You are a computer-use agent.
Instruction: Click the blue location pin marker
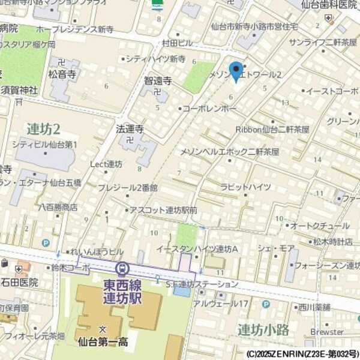(x=236, y=71)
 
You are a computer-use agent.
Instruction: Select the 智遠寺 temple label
(x=158, y=80)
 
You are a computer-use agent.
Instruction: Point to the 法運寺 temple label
(x=130, y=128)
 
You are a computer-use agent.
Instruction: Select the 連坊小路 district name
(x=263, y=329)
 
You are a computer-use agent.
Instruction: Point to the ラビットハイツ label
(x=242, y=187)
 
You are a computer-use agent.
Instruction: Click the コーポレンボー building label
(x=209, y=109)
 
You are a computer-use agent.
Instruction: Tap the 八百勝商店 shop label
(x=58, y=206)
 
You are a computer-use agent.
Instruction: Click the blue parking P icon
(x=46, y=243)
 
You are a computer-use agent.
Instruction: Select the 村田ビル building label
(x=177, y=43)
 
